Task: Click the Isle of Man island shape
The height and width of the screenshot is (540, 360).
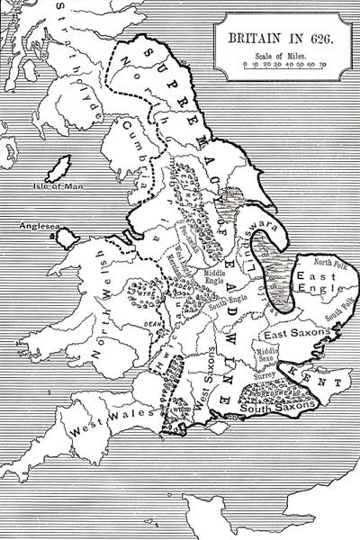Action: (x=63, y=168)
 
